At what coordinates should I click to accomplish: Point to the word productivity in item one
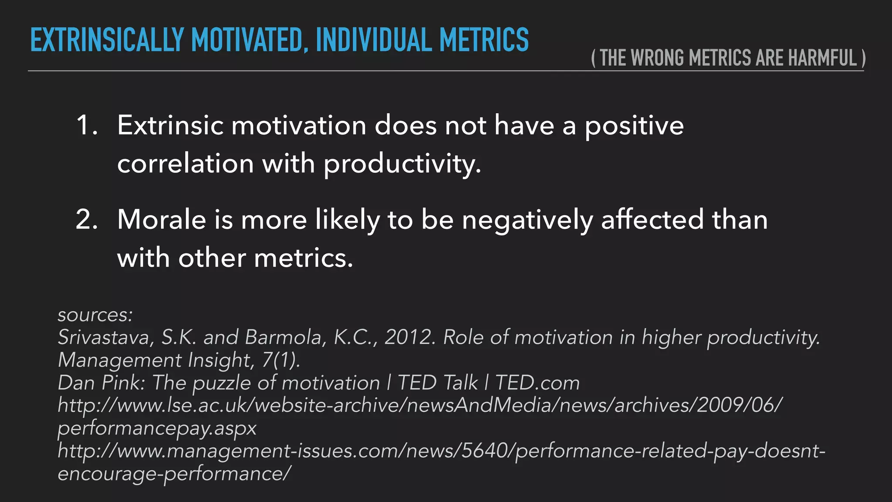click(402, 164)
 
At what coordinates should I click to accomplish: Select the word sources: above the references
click(95, 315)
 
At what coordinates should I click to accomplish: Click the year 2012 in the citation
click(409, 337)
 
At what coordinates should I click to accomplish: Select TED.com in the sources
click(537, 383)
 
